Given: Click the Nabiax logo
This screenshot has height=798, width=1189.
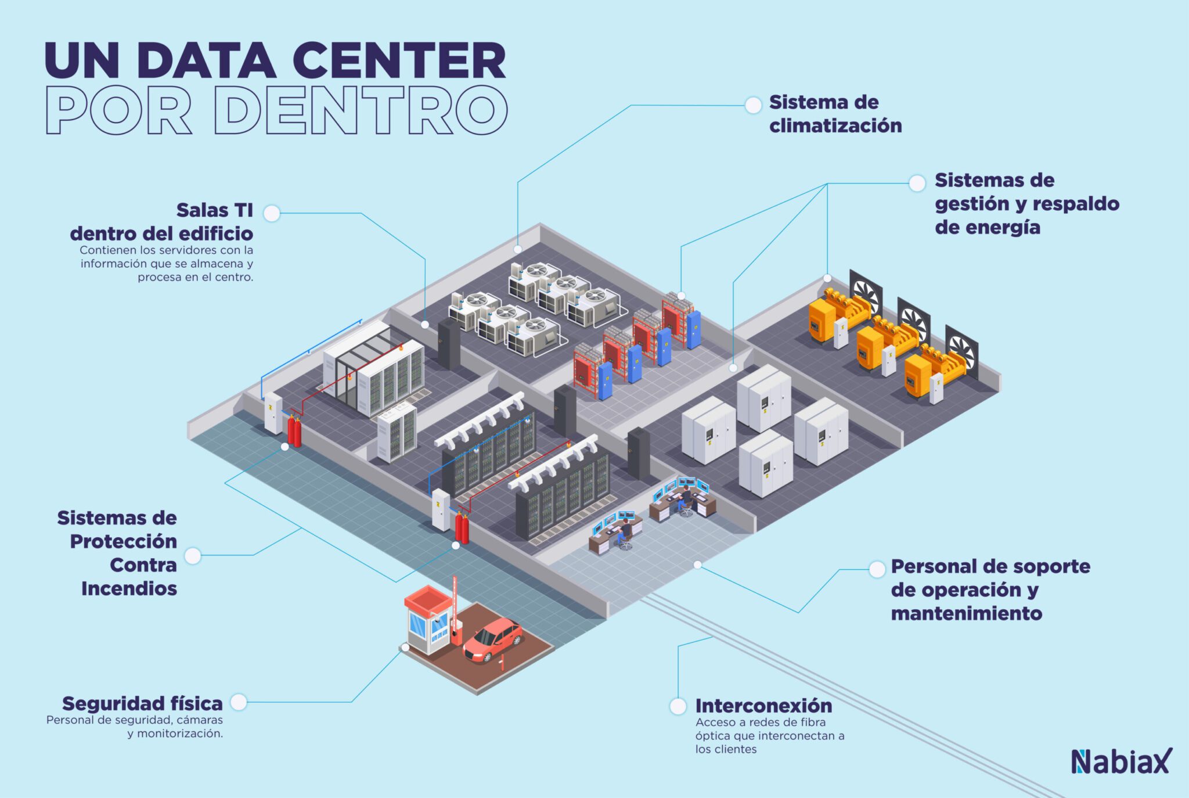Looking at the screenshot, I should pyautogui.click(x=1121, y=761).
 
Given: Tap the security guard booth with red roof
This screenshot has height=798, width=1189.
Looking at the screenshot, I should pyautogui.click(x=428, y=619).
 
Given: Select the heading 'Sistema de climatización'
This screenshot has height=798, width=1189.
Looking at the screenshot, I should pyautogui.click(x=835, y=114).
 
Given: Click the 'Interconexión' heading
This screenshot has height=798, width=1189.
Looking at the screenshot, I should pyautogui.click(x=763, y=706).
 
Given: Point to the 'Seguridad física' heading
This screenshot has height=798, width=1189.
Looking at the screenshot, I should pyautogui.click(x=142, y=703).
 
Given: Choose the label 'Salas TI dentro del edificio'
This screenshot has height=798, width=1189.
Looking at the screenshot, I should pyautogui.click(x=161, y=222).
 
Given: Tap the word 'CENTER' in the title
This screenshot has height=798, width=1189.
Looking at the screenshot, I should pyautogui.click(x=399, y=60).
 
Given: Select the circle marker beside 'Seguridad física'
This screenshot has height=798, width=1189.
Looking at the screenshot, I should pyautogui.click(x=239, y=702).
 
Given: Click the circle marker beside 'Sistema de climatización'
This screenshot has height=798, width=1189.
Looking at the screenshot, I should pyautogui.click(x=753, y=105).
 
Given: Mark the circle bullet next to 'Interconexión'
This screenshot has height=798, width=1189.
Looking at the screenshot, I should pyautogui.click(x=678, y=706).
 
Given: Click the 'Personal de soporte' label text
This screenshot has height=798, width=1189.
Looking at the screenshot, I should pyautogui.click(x=990, y=566).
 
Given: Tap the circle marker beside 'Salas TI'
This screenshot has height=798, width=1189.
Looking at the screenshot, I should pyautogui.click(x=271, y=213).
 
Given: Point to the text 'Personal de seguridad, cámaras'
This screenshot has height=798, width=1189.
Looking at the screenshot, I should pyautogui.click(x=135, y=720).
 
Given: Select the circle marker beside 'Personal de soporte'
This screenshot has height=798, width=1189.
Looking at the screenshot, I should pyautogui.click(x=877, y=569).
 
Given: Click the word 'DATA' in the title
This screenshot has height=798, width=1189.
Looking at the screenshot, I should pyautogui.click(x=207, y=60).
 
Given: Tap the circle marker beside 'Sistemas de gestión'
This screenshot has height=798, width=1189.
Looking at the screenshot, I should pyautogui.click(x=917, y=183).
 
